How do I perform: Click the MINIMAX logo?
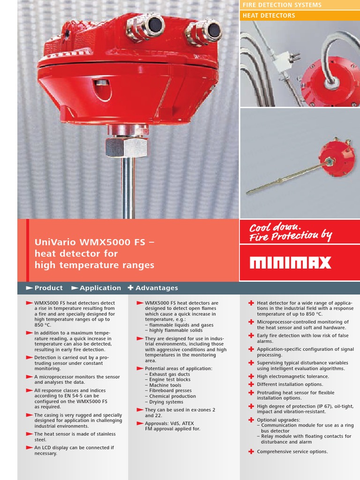[291, 262]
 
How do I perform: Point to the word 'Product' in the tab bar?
[48, 288]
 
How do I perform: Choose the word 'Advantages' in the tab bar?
[157, 288]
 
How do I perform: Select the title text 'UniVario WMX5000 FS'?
[91, 242]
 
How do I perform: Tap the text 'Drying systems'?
[166, 402]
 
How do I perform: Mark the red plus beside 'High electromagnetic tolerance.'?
[251, 376]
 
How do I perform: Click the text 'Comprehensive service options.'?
[292, 451]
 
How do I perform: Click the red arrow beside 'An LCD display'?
[29, 448]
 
